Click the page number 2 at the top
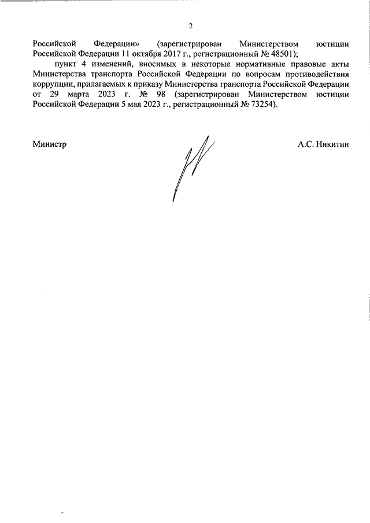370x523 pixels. pos(190,25)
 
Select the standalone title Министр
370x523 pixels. pos(49,144)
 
